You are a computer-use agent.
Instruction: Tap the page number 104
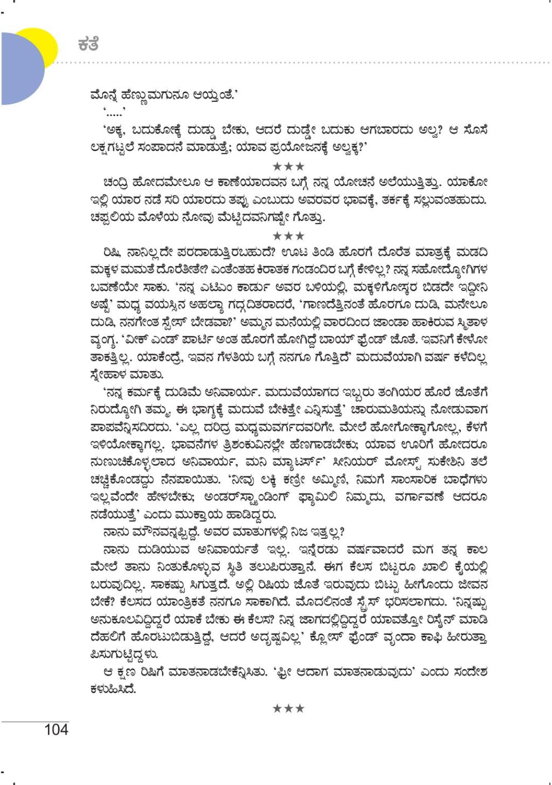pyautogui.click(x=56, y=729)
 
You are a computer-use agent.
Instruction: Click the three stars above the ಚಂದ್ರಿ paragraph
pyautogui.click(x=288, y=166)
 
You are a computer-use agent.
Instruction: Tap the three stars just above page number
pyautogui.click(x=288, y=708)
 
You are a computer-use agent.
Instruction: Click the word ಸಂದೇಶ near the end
pyautogui.click(x=469, y=672)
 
